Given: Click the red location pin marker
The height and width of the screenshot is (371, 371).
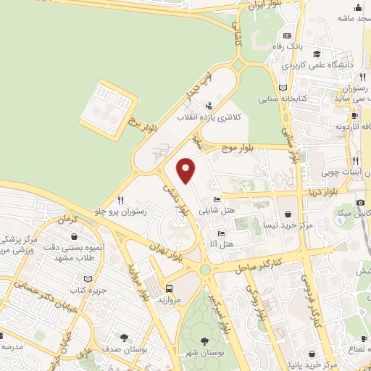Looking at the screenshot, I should click(186, 170).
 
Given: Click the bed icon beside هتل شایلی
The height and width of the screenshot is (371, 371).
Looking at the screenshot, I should click(217, 199).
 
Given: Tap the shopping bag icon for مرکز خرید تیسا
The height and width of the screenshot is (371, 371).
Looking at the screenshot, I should click(290, 214).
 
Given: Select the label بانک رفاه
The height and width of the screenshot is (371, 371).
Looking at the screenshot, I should click(307, 46).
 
